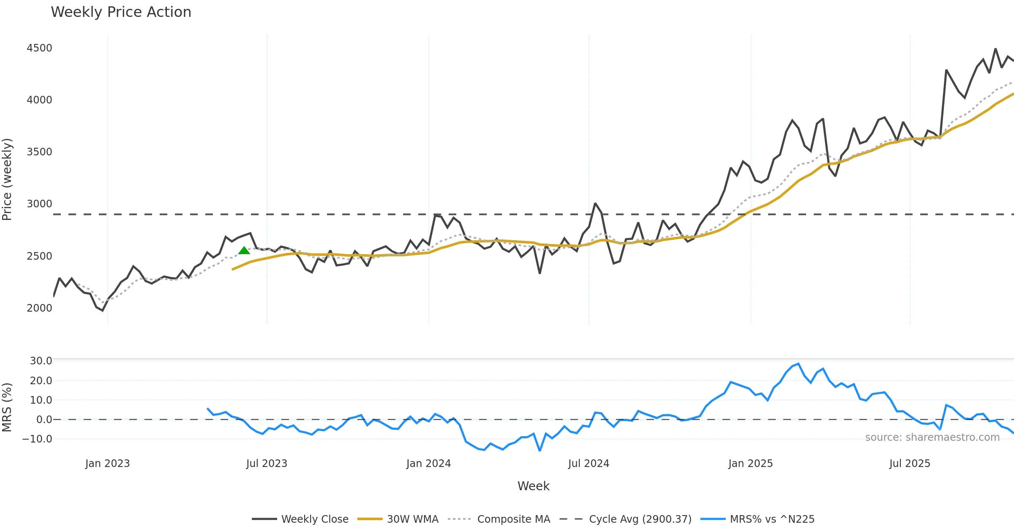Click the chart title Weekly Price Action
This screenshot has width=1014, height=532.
click(121, 12)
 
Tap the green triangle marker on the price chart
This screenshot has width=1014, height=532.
click(244, 251)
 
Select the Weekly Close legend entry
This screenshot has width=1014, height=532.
click(314, 519)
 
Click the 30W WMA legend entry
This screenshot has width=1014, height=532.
click(412, 519)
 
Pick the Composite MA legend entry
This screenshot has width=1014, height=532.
click(513, 519)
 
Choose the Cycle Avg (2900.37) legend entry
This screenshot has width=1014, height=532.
click(640, 519)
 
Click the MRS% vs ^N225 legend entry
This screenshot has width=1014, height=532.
click(772, 519)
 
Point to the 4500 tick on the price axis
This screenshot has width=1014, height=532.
click(39, 48)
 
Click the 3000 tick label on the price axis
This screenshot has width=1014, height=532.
click(39, 204)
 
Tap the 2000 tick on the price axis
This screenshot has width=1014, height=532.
click(39, 308)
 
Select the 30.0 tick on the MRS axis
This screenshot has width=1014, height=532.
click(41, 361)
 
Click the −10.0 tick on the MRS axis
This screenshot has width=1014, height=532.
click(37, 439)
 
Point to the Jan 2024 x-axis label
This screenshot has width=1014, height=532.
click(428, 464)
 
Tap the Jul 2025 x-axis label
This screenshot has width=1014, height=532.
click(910, 464)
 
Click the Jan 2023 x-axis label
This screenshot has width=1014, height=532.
click(107, 464)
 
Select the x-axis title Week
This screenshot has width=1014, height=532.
click(533, 486)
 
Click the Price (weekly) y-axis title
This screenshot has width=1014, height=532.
click(7, 179)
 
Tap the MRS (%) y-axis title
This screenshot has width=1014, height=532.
click(7, 407)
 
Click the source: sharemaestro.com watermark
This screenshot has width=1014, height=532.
click(932, 437)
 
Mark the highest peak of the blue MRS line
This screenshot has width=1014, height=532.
click(798, 364)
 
